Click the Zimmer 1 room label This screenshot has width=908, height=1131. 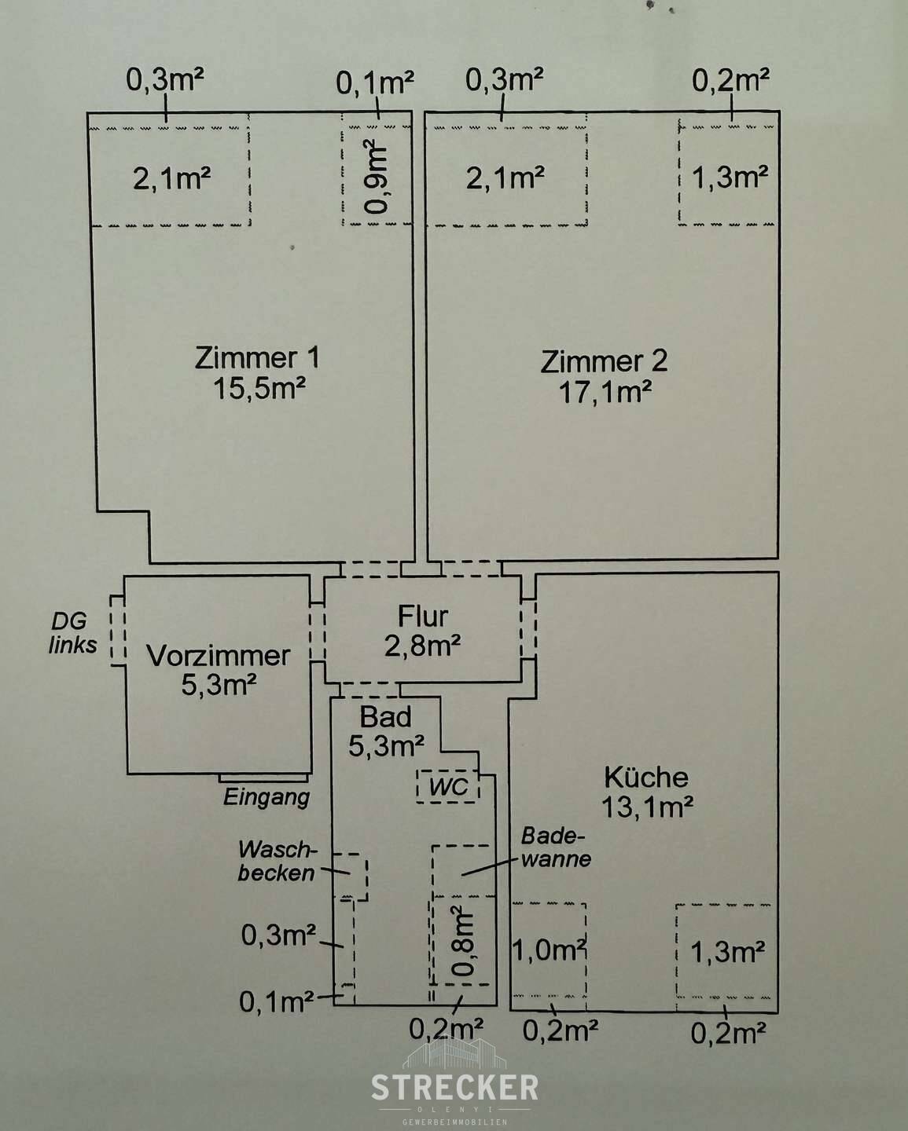pyautogui.click(x=257, y=359)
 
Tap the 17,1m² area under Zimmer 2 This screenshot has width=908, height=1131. pyautogui.click(x=605, y=392)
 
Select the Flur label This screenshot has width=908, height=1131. pyautogui.click(x=422, y=615)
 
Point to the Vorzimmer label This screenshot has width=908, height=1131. pyautogui.click(x=219, y=656)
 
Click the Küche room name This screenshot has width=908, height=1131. pyautogui.click(x=645, y=778)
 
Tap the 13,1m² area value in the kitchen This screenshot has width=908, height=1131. pyautogui.click(x=646, y=807)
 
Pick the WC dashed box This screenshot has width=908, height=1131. pyautogui.click(x=448, y=786)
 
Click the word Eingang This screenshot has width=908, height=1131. pyautogui.click(x=267, y=798)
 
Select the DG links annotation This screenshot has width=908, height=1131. pyautogui.click(x=73, y=633)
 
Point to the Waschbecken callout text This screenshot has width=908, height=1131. pyautogui.click(x=277, y=861)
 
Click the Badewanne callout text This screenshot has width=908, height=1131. pyautogui.click(x=555, y=847)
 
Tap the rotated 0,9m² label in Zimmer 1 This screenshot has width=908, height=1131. pyautogui.click(x=377, y=178)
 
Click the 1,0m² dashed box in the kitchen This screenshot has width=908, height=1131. pyautogui.click(x=550, y=951)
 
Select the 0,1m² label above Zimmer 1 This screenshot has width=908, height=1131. pyautogui.click(x=375, y=82)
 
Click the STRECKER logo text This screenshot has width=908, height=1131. pyautogui.click(x=454, y=1088)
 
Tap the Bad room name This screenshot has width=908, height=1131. pyautogui.click(x=385, y=716)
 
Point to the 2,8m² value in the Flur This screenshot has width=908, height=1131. pyautogui.click(x=422, y=645)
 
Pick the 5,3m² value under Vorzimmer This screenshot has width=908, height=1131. pyautogui.click(x=219, y=685)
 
